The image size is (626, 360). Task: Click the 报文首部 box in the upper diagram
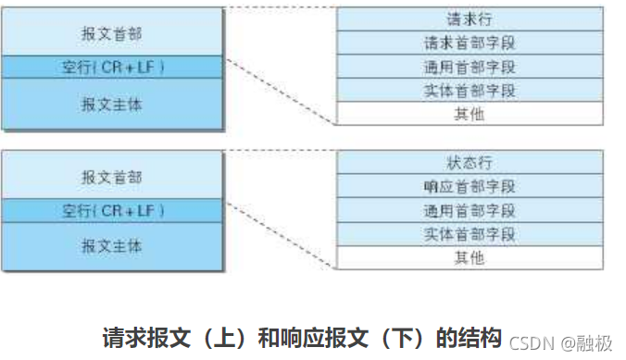(x=112, y=32)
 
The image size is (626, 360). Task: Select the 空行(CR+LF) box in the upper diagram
(x=112, y=68)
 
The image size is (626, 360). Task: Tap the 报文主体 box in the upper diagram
(x=112, y=104)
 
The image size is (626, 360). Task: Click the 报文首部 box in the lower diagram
(x=112, y=176)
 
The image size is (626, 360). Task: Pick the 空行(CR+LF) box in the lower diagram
(x=112, y=211)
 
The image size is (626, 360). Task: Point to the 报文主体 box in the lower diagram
(x=112, y=246)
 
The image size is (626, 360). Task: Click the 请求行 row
(x=469, y=19)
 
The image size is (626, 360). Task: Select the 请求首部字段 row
(x=469, y=43)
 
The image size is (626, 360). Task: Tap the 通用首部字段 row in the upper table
(x=469, y=67)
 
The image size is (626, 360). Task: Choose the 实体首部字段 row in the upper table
(x=469, y=91)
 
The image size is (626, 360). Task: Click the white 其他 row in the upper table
(x=469, y=114)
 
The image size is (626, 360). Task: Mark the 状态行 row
(x=469, y=161)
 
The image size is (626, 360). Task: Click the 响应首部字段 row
(x=469, y=186)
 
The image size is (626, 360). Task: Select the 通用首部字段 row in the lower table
(x=469, y=210)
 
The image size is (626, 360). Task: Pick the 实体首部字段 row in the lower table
(x=469, y=234)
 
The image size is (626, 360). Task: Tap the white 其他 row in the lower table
(x=469, y=257)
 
